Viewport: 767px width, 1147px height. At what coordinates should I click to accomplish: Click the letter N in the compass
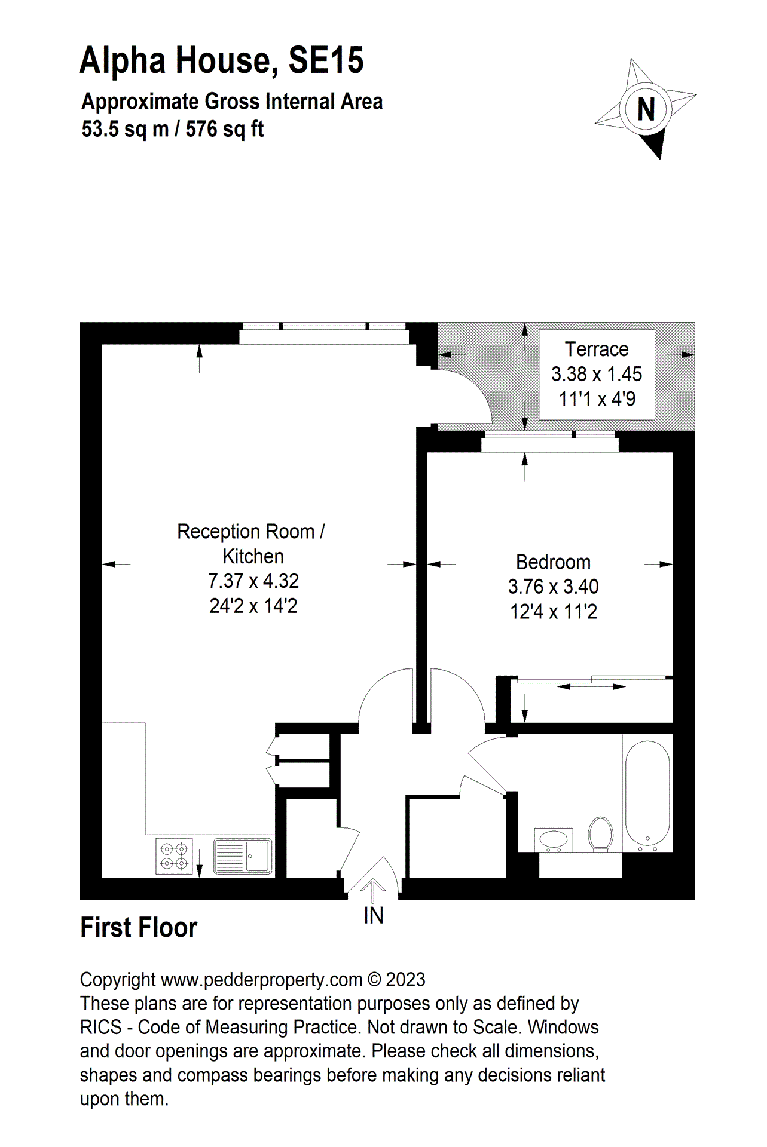click(x=646, y=110)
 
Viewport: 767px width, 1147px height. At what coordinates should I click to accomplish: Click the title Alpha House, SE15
click(x=221, y=60)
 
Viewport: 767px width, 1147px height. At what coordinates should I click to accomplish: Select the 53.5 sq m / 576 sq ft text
click(x=173, y=129)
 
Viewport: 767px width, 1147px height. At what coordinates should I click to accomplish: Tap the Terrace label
click(x=597, y=349)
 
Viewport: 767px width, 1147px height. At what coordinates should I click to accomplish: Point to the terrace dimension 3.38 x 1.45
click(x=597, y=374)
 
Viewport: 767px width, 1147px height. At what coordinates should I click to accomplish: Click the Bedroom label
click(x=553, y=562)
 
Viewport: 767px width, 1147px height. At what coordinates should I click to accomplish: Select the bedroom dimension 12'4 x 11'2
click(x=553, y=612)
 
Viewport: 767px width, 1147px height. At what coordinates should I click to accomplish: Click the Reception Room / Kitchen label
click(x=252, y=543)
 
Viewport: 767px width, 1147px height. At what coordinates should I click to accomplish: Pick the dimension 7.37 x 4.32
click(x=253, y=581)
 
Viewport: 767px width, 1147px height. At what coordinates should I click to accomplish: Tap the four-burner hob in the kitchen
click(x=174, y=856)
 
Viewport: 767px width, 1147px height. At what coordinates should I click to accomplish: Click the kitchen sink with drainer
click(x=243, y=856)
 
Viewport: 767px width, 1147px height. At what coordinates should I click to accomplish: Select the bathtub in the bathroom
click(x=647, y=793)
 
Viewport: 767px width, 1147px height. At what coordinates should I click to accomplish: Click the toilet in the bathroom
click(x=600, y=833)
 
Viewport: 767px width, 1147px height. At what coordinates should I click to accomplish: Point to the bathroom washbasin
click(x=554, y=839)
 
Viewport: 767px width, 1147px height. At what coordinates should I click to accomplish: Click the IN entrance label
click(x=373, y=916)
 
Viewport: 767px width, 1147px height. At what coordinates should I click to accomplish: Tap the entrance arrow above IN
click(x=373, y=890)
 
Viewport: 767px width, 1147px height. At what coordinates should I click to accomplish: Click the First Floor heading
click(x=139, y=928)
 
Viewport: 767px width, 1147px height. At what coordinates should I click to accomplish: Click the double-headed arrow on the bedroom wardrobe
click(x=591, y=686)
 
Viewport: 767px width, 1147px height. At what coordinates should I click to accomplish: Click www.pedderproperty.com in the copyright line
click(x=262, y=980)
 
